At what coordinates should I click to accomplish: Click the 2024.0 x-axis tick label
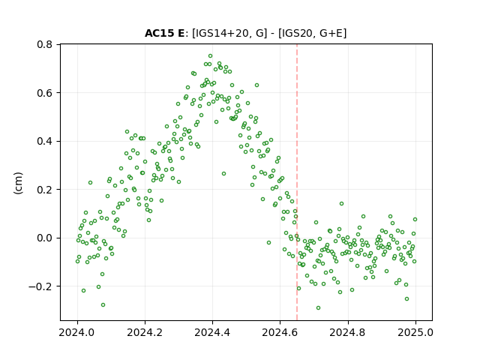(77, 332)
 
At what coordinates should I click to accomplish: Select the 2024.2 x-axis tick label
(145, 332)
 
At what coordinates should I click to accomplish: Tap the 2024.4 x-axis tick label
(212, 332)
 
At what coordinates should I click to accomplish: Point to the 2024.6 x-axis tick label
(280, 332)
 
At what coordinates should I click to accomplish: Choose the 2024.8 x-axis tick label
(348, 332)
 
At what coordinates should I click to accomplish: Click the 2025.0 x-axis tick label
(415, 332)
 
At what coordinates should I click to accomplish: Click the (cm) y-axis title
(18, 183)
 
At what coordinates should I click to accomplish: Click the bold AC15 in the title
(159, 33)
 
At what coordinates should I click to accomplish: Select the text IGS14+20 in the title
(220, 33)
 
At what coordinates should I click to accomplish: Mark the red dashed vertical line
(297, 182)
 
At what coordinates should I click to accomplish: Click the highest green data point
(210, 56)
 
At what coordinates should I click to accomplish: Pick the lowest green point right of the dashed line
(318, 308)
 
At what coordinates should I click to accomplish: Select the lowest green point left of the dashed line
(103, 305)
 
